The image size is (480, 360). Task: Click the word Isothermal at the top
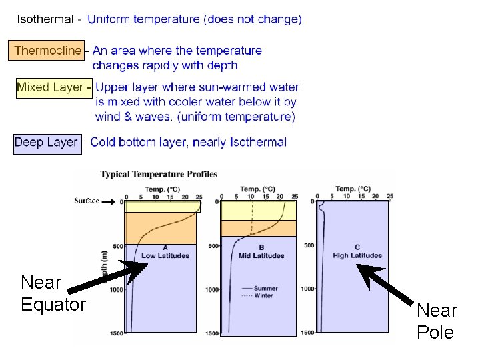coord(45,19)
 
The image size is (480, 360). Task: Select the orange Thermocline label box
coord(47,51)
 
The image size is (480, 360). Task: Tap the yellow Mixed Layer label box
coord(53,87)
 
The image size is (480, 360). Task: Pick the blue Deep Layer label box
coord(47,143)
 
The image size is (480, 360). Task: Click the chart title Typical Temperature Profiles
coord(159,175)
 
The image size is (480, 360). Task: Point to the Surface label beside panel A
coord(87,200)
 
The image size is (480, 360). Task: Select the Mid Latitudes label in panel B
coord(261,256)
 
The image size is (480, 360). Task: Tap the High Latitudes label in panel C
coord(357,255)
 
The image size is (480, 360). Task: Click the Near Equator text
coord(53,293)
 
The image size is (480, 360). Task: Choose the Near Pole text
coord(437,321)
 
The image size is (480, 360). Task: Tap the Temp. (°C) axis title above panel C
coord(353,189)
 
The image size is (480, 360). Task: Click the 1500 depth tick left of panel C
coord(307,333)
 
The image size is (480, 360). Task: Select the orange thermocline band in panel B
coord(258,229)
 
